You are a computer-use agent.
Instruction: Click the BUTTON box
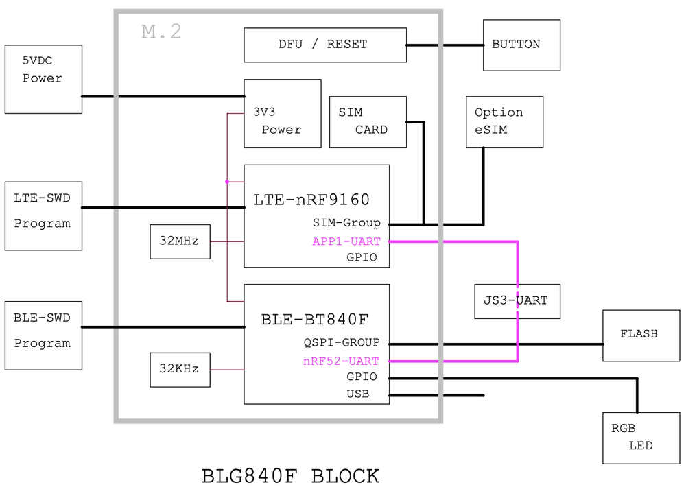pos(521,45)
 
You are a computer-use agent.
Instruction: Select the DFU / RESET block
pos(325,45)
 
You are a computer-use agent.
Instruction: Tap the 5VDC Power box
pos(43,79)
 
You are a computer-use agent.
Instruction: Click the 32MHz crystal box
pos(180,241)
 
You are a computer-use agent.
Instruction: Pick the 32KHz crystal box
pos(180,370)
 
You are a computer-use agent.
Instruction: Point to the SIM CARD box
pos(368,122)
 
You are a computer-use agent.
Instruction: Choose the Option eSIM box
pos(504,122)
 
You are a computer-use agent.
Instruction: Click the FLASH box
pos(641,335)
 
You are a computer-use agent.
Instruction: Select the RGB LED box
pos(641,438)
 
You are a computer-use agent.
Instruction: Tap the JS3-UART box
pos(517,302)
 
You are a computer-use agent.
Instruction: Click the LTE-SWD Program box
pos(43,216)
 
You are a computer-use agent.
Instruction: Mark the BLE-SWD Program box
pos(43,335)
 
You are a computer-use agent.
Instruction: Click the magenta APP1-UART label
pos(346,241)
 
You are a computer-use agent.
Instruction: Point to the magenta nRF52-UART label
pos(341,361)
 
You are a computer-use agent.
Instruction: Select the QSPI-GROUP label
pos(342,342)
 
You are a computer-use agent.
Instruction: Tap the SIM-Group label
pos(346,223)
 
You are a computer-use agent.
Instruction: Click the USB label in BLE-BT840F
pos(358,394)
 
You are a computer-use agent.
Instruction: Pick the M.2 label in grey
pos(161,32)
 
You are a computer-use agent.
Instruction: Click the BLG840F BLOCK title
pos(290,476)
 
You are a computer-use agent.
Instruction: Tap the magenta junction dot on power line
pos(227,182)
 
